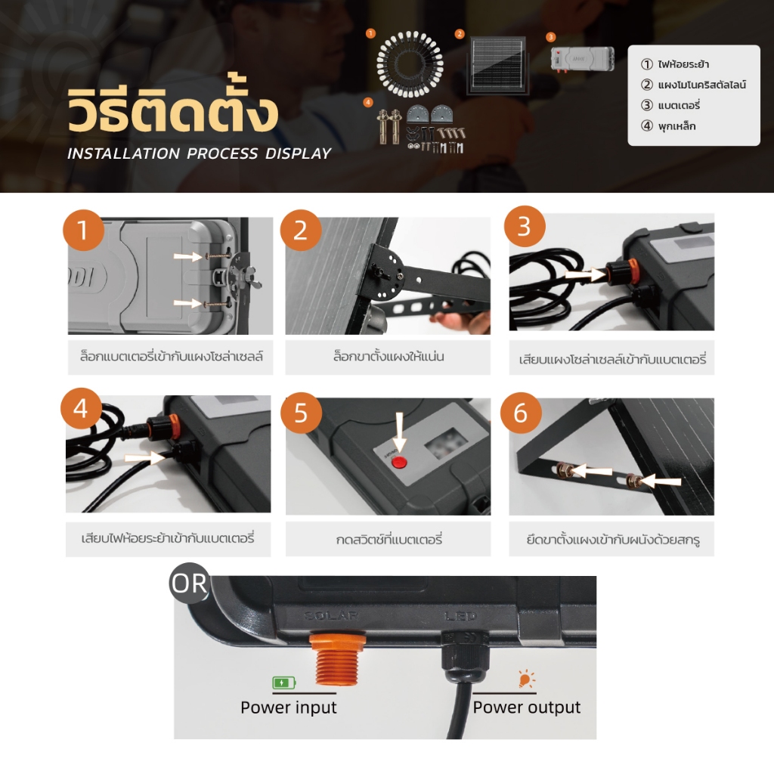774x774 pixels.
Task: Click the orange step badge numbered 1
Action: pyautogui.click(x=83, y=230)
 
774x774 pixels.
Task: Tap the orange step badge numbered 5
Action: pyautogui.click(x=301, y=413)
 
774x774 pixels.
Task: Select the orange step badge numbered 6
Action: pyautogui.click(x=521, y=413)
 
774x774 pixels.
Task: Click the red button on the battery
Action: pyautogui.click(x=399, y=463)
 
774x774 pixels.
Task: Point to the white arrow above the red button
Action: pyautogui.click(x=399, y=432)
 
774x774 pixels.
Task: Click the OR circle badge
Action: pyautogui.click(x=190, y=583)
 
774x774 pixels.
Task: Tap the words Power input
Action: pyautogui.click(x=289, y=707)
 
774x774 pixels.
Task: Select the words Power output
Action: pyautogui.click(x=527, y=707)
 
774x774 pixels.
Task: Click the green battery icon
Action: pyautogui.click(x=284, y=683)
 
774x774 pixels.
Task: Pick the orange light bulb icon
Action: pyautogui.click(x=526, y=679)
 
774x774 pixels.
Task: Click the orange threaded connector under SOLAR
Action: pyautogui.click(x=337, y=659)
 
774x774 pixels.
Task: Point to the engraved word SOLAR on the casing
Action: pyautogui.click(x=331, y=615)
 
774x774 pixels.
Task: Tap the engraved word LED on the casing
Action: pyautogui.click(x=460, y=616)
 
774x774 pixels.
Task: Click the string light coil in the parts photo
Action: pyautogui.click(x=410, y=64)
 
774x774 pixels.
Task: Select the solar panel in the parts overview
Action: pyautogui.click(x=497, y=66)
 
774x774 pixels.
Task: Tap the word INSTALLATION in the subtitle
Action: pyautogui.click(x=123, y=153)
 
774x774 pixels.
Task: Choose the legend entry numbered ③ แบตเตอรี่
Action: pyautogui.click(x=670, y=105)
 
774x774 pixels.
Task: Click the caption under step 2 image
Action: pyautogui.click(x=388, y=357)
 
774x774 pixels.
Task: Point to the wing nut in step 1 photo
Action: pyautogui.click(x=252, y=283)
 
